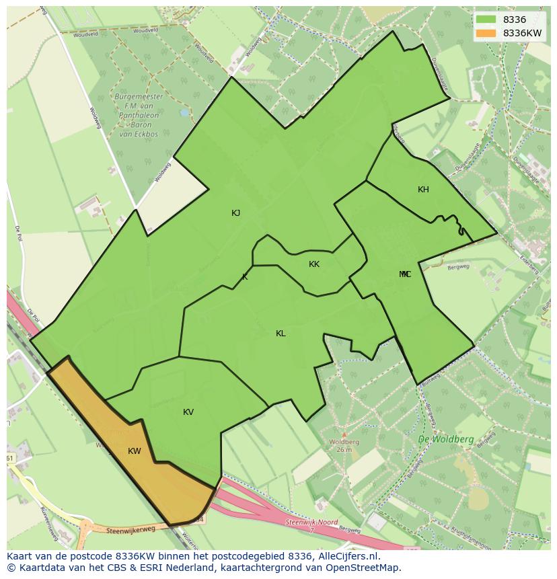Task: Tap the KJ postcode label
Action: tap(236, 213)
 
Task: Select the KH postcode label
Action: tap(423, 190)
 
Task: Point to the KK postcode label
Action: tap(314, 264)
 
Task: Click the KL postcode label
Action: tap(281, 334)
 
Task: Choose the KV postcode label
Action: tap(188, 412)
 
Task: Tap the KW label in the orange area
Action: tap(135, 451)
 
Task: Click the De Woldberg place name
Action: tap(445, 439)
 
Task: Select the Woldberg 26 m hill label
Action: tap(344, 445)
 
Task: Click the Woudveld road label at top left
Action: tap(85, 34)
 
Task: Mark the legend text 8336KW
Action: tap(523, 33)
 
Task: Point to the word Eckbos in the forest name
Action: tap(147, 134)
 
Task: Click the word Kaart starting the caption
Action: tap(20, 557)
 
